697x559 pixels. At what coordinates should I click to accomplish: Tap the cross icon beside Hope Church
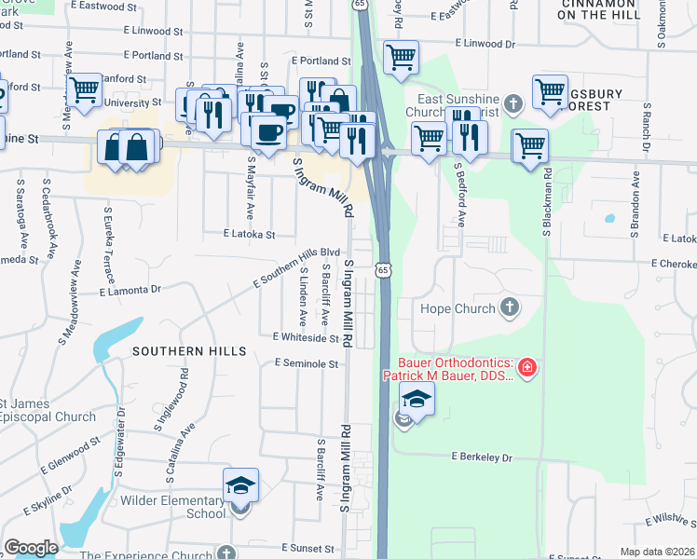point(509,307)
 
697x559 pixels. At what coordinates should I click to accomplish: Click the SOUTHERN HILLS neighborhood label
point(189,351)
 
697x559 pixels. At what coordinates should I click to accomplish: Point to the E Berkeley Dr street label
point(483,457)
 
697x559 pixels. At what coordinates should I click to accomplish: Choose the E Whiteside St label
point(306,337)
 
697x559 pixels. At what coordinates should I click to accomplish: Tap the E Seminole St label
point(306,363)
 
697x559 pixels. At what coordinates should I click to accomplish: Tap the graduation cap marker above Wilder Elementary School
point(240,485)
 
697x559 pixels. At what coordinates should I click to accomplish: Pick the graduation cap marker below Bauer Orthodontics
point(417,401)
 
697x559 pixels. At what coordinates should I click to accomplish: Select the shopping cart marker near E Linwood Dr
point(401,56)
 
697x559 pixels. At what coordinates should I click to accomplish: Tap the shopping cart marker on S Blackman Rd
point(530,145)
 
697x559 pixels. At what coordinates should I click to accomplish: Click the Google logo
point(30,548)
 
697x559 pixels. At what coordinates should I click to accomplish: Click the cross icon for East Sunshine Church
point(512,102)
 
